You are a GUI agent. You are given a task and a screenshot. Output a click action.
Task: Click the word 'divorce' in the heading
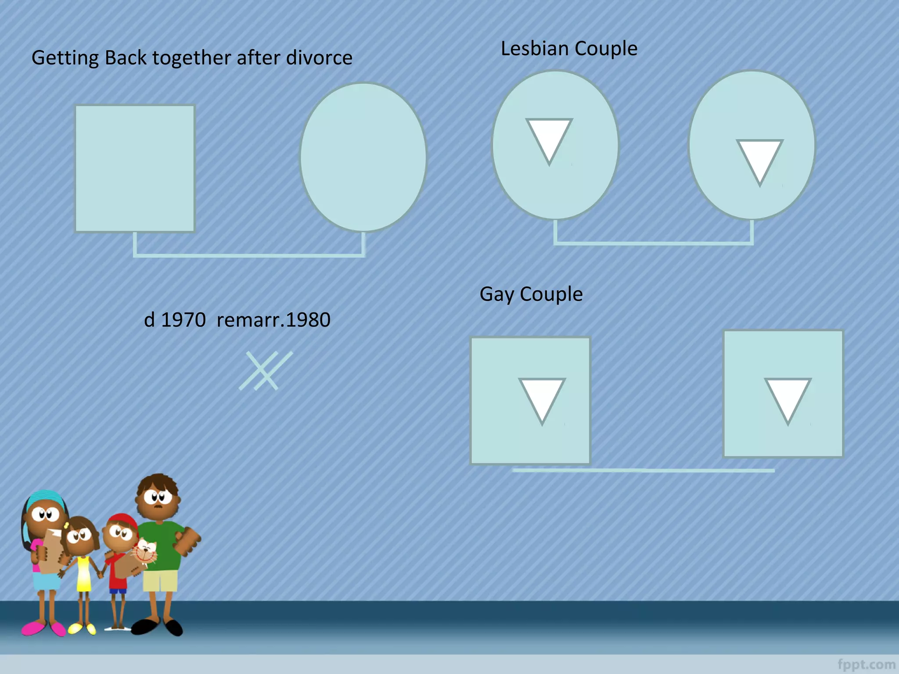pyautogui.click(x=319, y=58)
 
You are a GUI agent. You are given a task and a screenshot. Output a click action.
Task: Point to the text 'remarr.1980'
pyautogui.click(x=273, y=320)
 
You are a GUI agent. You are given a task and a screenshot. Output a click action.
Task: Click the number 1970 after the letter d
pyautogui.click(x=183, y=320)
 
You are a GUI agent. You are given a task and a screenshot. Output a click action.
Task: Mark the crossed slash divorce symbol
pyautogui.click(x=266, y=371)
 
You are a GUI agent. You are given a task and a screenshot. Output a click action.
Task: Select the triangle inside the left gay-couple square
pyautogui.click(x=542, y=397)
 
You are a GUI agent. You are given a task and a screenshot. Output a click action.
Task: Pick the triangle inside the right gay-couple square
pyautogui.click(x=788, y=397)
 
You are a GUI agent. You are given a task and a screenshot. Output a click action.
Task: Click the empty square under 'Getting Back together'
pyautogui.click(x=135, y=168)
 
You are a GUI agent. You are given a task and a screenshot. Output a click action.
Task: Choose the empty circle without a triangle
pyautogui.click(x=363, y=157)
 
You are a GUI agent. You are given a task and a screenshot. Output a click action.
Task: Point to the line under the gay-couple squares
pyautogui.click(x=643, y=470)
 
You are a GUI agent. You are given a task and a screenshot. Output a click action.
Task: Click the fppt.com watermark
pyautogui.click(x=866, y=664)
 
